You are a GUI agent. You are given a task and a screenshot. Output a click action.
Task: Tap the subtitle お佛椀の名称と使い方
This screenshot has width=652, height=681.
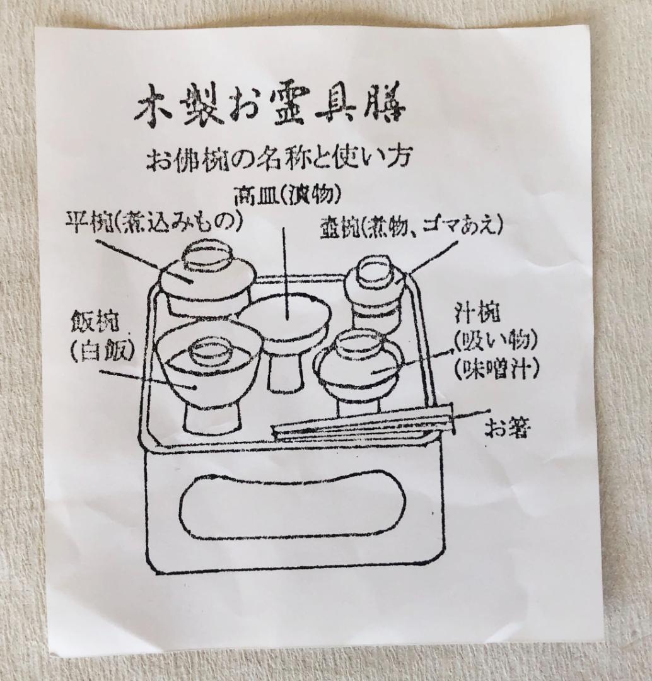click(x=280, y=161)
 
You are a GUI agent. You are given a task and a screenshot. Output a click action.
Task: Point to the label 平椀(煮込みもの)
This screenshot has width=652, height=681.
click(x=154, y=221)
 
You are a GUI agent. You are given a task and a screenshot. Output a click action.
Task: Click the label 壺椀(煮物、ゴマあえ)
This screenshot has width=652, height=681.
click(x=410, y=228)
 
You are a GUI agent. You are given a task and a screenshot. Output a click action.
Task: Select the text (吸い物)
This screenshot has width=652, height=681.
click(x=495, y=341)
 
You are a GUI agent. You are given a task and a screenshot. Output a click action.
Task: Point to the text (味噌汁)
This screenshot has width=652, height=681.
click(x=495, y=368)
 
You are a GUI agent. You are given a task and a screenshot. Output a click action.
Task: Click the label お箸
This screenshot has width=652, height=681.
click(x=507, y=428)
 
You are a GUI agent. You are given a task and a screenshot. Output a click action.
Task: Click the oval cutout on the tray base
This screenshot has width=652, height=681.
click(x=290, y=505)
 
